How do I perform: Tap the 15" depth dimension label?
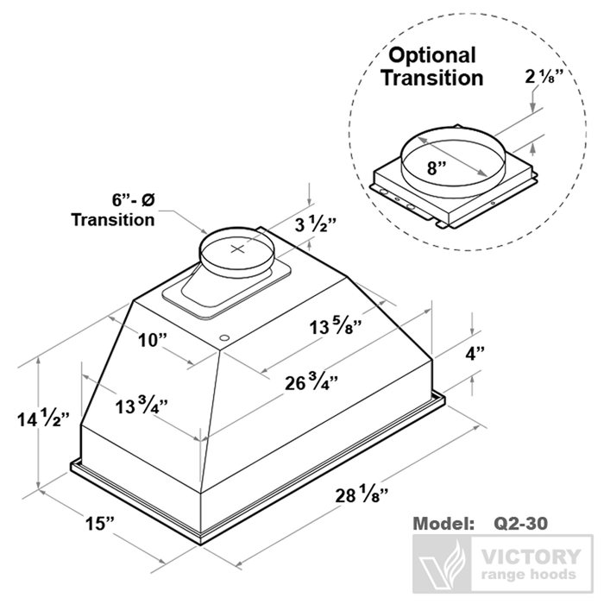click(99, 523)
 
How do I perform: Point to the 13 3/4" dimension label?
click(142, 405)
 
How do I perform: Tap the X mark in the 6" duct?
click(241, 249)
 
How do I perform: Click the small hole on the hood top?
click(223, 336)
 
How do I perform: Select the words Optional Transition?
click(434, 66)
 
